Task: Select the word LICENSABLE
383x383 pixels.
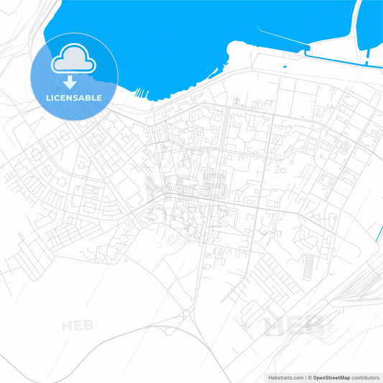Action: pyautogui.click(x=74, y=98)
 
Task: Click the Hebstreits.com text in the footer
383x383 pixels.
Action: pyautogui.click(x=279, y=377)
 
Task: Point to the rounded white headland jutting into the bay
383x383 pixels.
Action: pyautogui.click(x=237, y=52)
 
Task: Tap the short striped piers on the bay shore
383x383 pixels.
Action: pyautogui.click(x=141, y=92)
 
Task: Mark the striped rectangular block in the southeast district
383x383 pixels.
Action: pyautogui.click(x=307, y=268)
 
